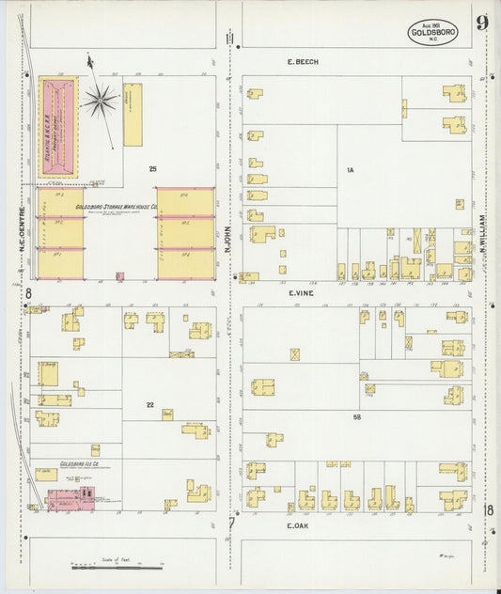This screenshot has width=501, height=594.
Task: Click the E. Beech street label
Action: tap(303, 62)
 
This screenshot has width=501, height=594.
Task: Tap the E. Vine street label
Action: tap(301, 292)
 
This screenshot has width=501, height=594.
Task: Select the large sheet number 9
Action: tap(482, 23)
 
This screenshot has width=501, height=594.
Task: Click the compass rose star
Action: tap(100, 99)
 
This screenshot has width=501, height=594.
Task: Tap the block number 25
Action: tap(151, 168)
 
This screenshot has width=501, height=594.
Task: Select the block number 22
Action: tap(149, 405)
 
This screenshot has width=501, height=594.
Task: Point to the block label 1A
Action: tap(348, 170)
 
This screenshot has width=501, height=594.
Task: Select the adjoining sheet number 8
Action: tap(28, 294)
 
